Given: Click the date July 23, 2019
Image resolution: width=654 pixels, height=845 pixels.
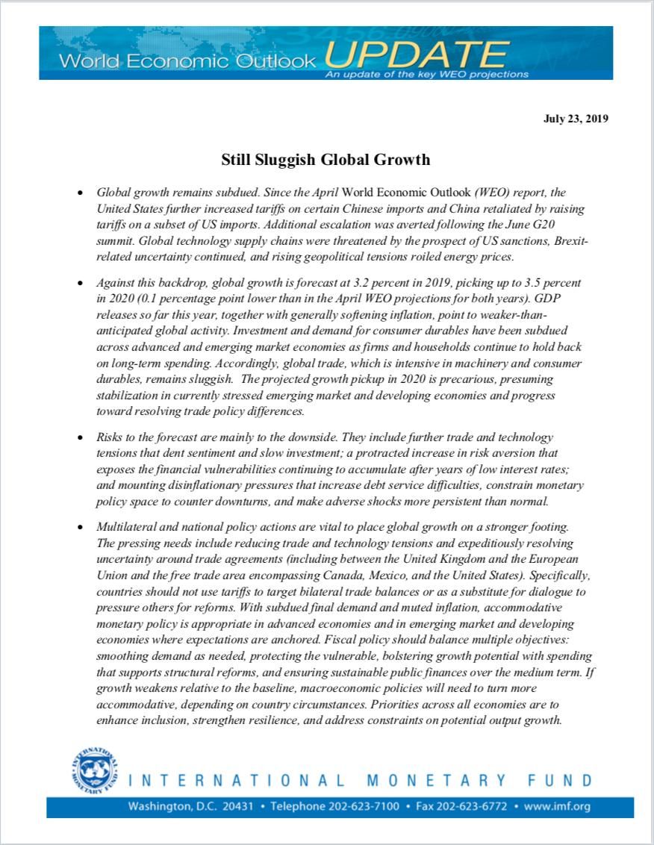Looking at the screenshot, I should pos(576,119).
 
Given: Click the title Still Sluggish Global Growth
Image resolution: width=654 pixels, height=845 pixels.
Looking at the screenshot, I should pos(326,160).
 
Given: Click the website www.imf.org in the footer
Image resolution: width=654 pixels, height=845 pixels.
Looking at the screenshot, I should pos(557,807).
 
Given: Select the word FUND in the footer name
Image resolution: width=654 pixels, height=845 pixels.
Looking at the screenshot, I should pos(561,781).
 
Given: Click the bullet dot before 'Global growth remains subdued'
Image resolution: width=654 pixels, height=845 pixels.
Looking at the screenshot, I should pos(80,193).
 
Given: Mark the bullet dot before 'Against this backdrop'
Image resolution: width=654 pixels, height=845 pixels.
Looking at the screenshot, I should pos(80,284).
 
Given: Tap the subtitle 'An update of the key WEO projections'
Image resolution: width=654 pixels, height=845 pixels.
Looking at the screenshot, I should pos(426,75).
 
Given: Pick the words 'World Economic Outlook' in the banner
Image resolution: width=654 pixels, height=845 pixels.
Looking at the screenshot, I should pos(187,61).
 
